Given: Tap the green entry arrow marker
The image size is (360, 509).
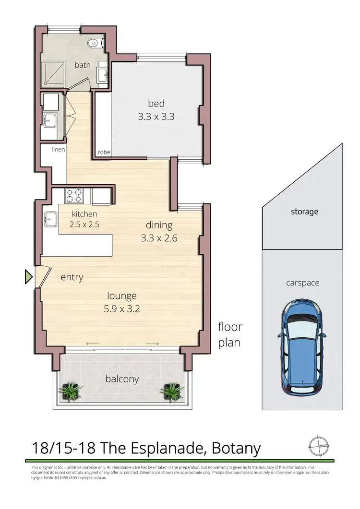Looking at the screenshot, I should click(x=28, y=277).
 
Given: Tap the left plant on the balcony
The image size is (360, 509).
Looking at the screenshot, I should click(x=71, y=391).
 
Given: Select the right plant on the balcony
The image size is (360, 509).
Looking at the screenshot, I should click(x=172, y=391).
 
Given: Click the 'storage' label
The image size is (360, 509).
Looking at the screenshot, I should click(x=304, y=212).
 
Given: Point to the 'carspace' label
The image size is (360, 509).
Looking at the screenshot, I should click(x=302, y=283).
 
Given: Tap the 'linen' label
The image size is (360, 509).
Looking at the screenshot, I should click(x=59, y=150).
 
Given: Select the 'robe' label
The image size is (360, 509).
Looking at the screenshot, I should click(x=104, y=152).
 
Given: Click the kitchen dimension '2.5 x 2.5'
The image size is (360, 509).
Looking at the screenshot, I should click(x=84, y=224).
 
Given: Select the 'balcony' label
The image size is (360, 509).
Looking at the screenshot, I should click(x=122, y=379).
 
